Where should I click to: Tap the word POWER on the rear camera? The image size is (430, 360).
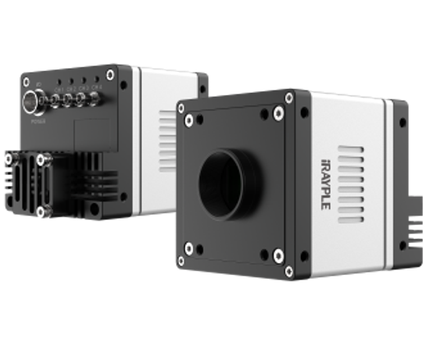click(35, 122)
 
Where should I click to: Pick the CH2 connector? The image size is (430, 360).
click(72, 99)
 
